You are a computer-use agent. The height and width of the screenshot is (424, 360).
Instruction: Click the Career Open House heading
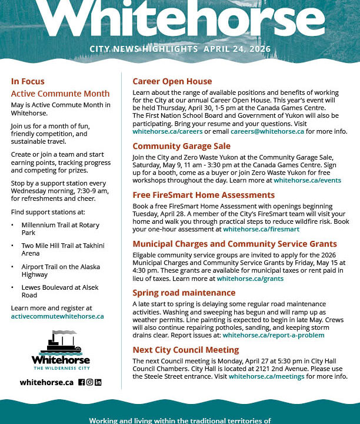172,81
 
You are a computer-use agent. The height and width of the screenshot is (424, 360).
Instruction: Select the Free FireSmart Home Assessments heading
204,195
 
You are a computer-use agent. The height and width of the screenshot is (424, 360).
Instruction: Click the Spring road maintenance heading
184,293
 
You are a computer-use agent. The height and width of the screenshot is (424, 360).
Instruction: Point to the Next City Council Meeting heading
185,350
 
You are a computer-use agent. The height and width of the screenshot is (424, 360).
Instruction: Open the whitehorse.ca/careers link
159,131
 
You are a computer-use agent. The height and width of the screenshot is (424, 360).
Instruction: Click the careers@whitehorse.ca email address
267,131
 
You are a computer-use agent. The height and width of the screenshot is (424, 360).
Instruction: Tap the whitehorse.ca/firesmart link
261,229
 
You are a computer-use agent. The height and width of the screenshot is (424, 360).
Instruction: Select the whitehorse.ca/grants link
249,279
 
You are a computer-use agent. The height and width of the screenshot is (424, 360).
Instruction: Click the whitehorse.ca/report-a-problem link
273,335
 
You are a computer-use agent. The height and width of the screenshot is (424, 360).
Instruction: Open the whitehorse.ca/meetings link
263,376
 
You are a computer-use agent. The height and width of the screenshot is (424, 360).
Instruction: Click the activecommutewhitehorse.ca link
57,316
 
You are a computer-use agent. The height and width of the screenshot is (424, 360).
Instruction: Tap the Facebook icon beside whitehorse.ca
82,382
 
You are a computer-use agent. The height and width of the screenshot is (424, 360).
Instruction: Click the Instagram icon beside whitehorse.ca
90,382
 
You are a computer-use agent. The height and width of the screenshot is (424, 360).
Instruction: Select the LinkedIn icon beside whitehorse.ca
98,382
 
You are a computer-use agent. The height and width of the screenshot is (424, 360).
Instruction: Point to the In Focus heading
28,82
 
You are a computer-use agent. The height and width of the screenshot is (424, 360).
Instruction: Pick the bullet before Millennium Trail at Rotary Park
13,226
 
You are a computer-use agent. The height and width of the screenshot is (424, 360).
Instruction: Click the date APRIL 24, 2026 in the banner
237,49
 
